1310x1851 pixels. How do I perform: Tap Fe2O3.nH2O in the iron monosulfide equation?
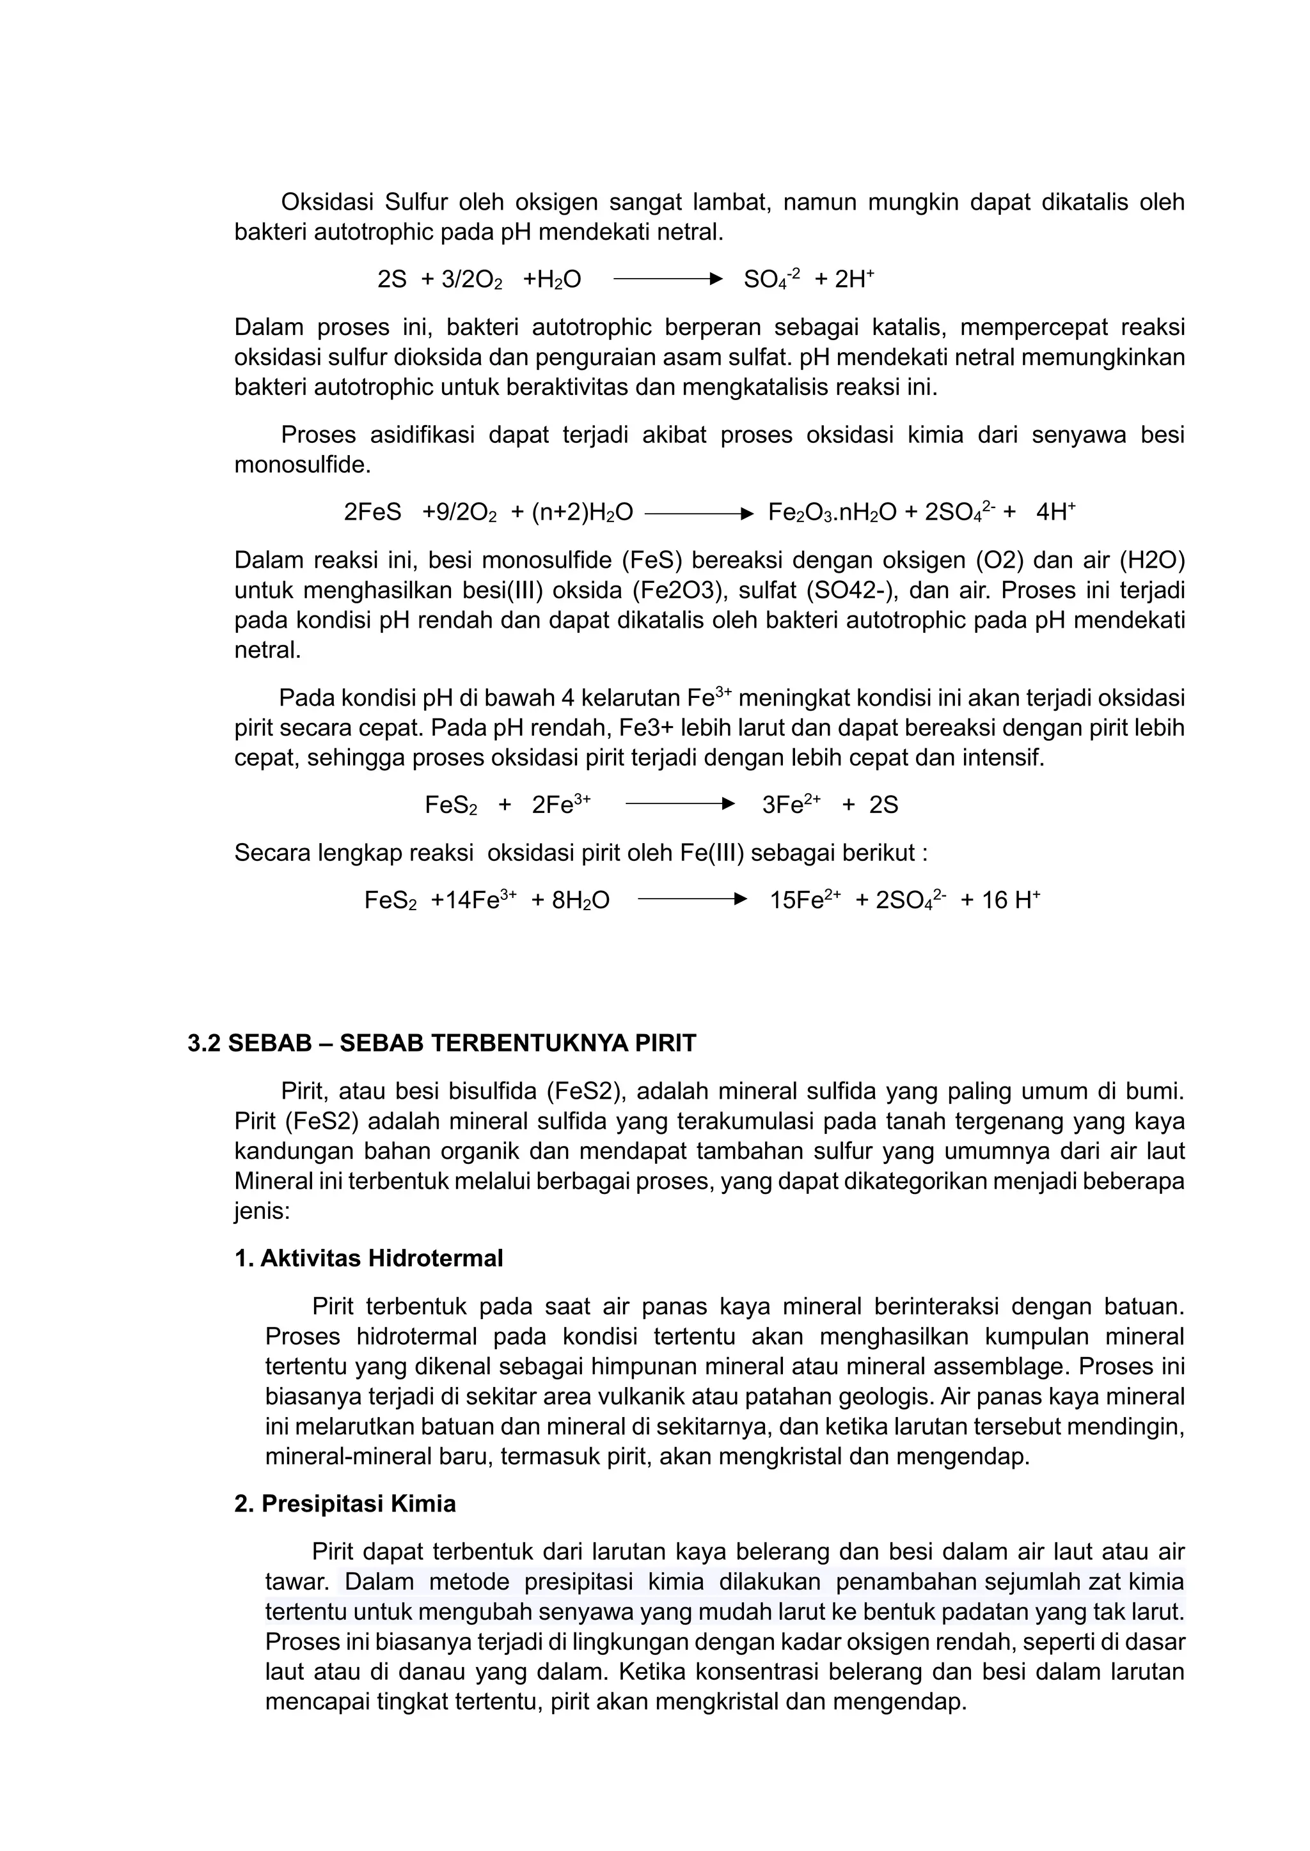(x=832, y=513)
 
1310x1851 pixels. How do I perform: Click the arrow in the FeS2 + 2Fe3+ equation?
(x=679, y=804)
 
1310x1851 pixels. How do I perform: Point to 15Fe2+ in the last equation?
(x=804, y=900)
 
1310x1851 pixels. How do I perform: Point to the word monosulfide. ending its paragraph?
(x=303, y=466)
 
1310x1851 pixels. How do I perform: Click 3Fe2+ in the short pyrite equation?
(x=791, y=805)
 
